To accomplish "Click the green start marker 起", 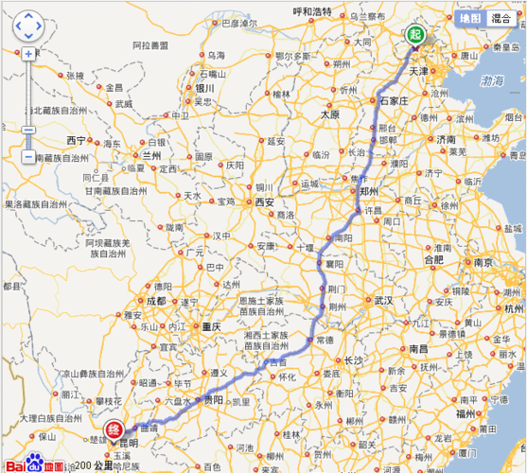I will coord(415,35).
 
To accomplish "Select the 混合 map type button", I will coord(502,18).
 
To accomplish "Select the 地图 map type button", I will coord(470,18).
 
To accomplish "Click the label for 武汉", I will coord(382,300).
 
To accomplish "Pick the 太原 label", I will coord(329,114).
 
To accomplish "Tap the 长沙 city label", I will coord(353,360).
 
